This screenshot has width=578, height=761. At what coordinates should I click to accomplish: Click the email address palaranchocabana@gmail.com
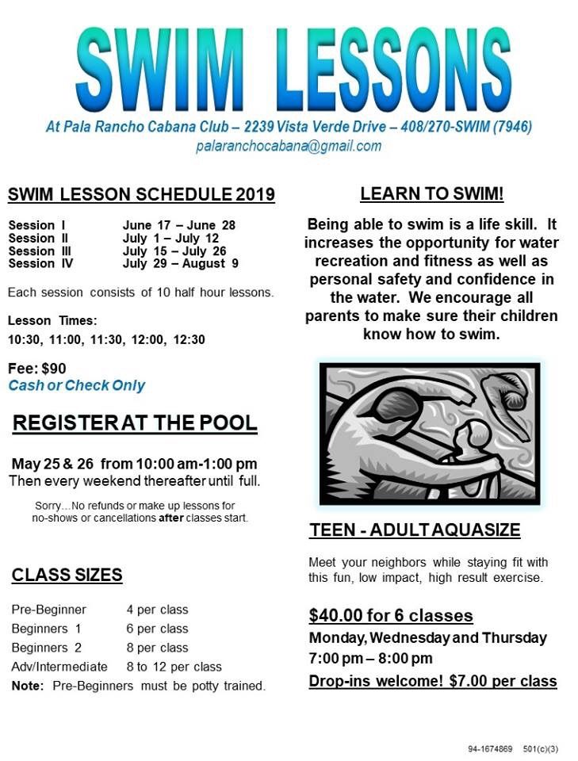click(289, 146)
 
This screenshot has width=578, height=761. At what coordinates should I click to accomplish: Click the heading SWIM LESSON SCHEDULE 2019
click(141, 195)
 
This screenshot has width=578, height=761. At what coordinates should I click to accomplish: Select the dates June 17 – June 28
click(178, 225)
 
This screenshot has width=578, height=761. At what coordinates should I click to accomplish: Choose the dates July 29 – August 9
click(180, 263)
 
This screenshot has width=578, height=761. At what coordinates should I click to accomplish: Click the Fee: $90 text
click(36, 368)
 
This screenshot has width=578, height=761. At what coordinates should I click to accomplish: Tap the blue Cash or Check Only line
click(76, 385)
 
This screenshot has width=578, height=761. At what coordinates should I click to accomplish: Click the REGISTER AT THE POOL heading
click(135, 423)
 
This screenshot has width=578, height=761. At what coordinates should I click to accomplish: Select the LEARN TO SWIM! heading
click(431, 194)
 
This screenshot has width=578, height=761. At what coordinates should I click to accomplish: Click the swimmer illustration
click(429, 434)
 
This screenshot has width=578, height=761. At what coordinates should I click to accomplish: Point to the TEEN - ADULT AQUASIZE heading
click(414, 530)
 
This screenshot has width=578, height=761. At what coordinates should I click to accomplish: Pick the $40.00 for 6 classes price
click(390, 616)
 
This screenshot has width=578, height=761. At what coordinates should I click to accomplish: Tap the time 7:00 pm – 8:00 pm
click(370, 659)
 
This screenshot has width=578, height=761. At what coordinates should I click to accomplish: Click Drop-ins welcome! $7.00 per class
click(432, 681)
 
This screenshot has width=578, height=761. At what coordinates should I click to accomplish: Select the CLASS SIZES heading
click(67, 575)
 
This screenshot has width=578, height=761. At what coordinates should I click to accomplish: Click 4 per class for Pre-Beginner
click(157, 610)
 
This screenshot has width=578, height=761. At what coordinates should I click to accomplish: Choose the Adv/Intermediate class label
click(59, 667)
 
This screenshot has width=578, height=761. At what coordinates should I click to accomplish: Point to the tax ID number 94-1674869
click(490, 748)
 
